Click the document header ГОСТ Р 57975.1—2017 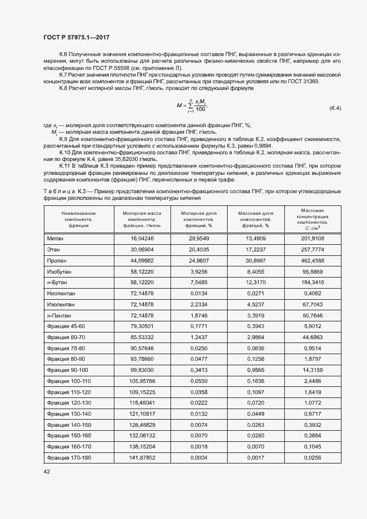pyautogui.click(x=76, y=37)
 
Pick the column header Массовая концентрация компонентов pyautogui.click(x=313, y=219)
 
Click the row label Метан pyautogui.click(x=56, y=238)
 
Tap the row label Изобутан pyautogui.click(x=59, y=271)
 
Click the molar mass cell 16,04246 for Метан pyautogui.click(x=142, y=238)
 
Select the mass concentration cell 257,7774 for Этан pyautogui.click(x=313, y=249)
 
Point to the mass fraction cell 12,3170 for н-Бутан pyautogui.click(x=255, y=283)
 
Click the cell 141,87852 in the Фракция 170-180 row pyautogui.click(x=142, y=457)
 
